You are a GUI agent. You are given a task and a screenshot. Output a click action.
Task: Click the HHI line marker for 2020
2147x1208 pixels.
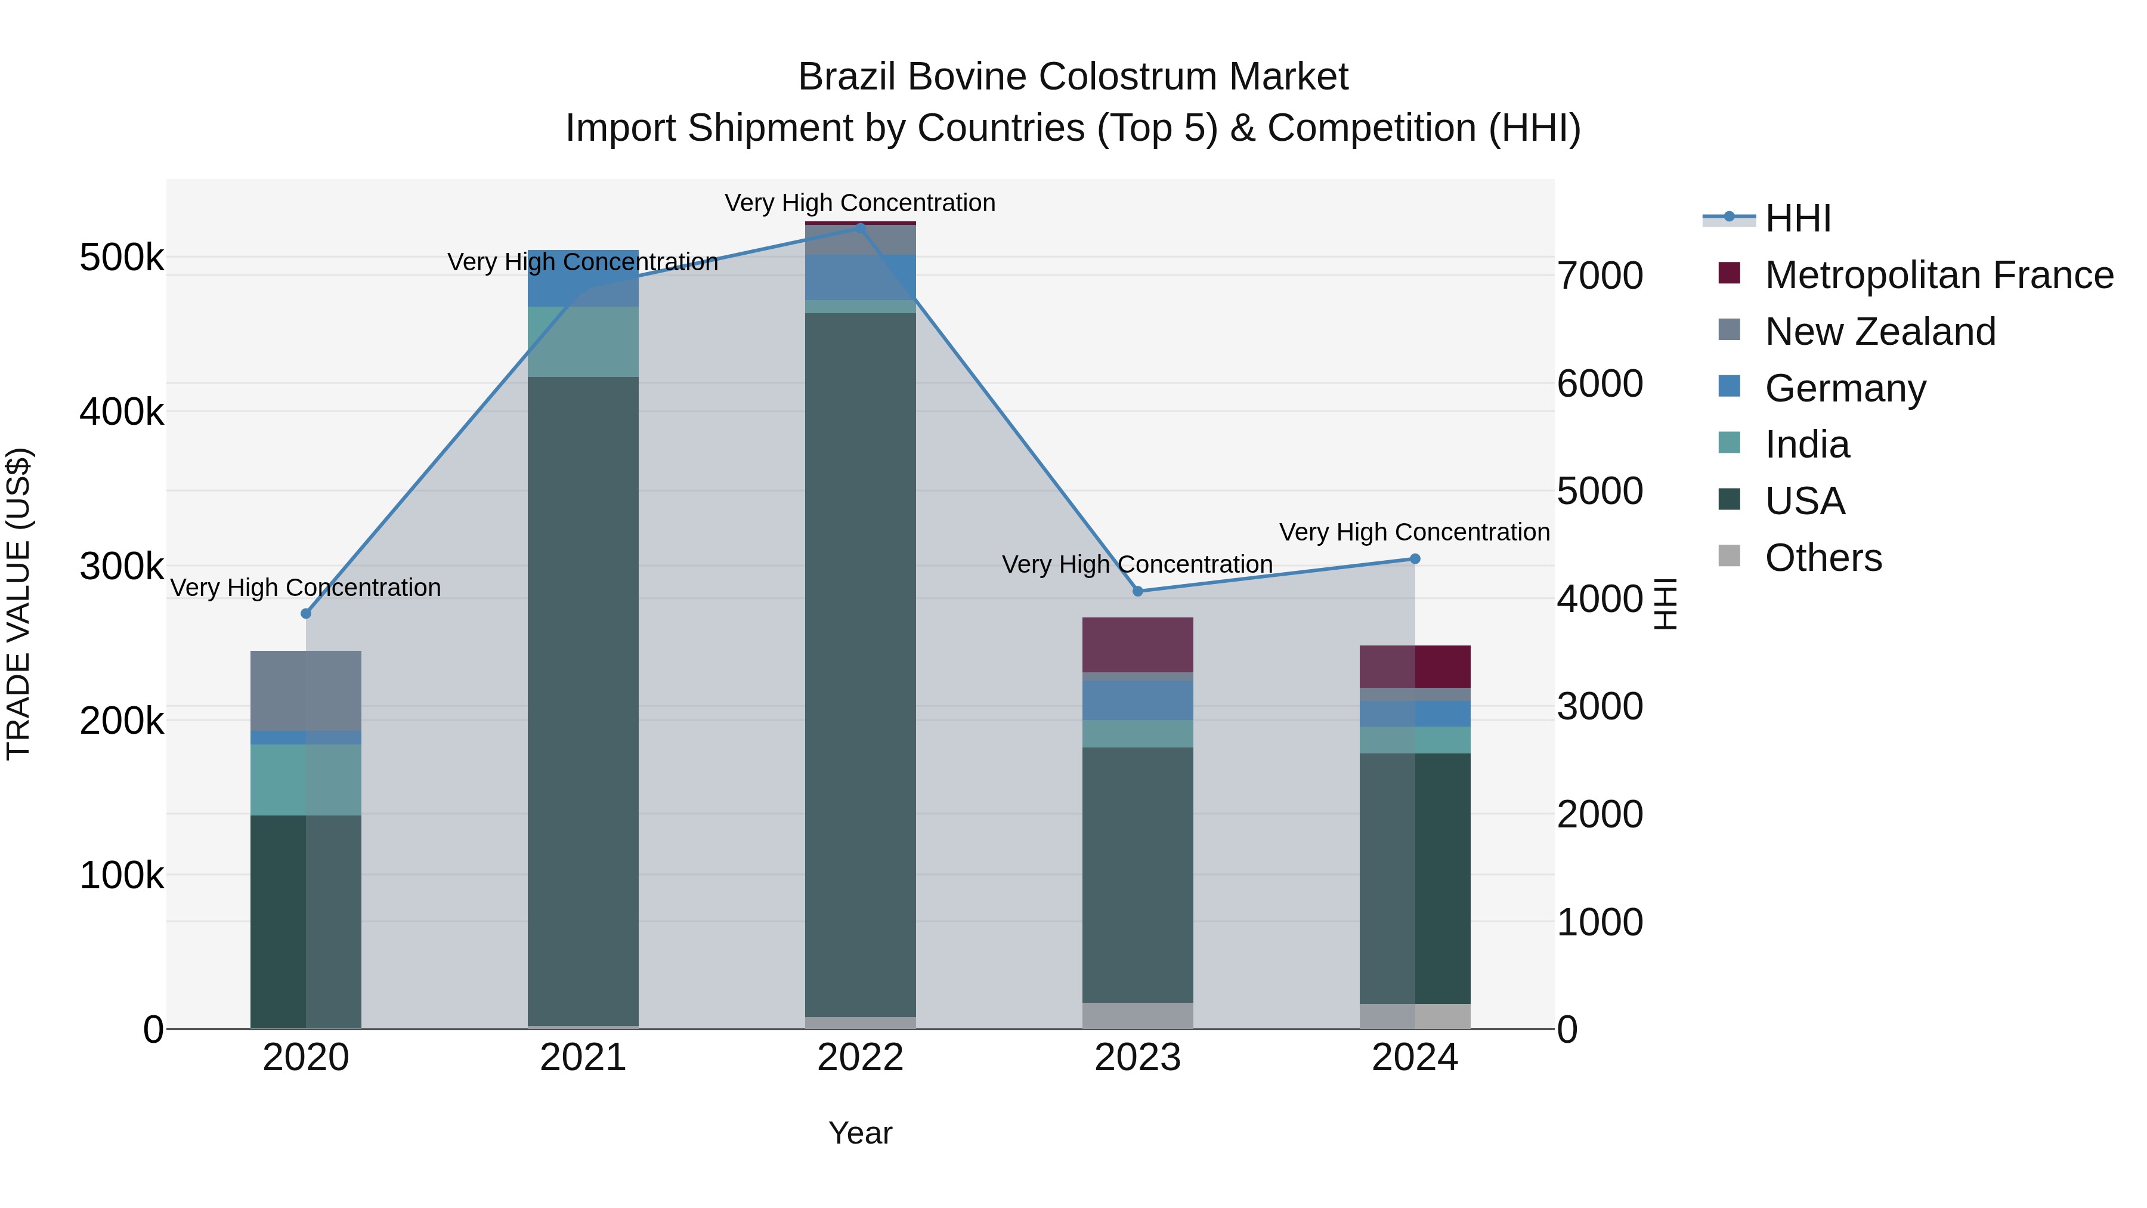coord(306,614)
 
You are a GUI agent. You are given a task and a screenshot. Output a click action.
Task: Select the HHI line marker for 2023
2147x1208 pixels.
coord(1138,591)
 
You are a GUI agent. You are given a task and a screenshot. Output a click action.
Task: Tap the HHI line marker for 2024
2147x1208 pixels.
coord(1415,558)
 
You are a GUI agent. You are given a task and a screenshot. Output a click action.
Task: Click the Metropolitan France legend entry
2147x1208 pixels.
coord(1939,275)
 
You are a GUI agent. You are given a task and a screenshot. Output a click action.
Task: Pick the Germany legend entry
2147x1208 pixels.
coord(1845,388)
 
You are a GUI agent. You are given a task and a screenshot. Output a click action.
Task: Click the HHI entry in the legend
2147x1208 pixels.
coord(1798,218)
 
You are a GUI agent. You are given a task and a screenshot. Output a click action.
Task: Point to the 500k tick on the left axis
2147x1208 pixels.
coord(122,258)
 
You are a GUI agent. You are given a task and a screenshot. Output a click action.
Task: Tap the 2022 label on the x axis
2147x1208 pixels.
coord(860,1058)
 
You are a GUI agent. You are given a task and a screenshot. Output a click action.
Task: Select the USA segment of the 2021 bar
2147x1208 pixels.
coord(583,700)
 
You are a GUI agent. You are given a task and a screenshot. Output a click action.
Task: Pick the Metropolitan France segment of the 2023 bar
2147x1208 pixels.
coord(1138,644)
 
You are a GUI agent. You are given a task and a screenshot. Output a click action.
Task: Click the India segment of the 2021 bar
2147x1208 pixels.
coord(583,341)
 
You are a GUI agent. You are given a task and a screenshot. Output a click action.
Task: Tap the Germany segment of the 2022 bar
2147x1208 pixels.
coord(860,277)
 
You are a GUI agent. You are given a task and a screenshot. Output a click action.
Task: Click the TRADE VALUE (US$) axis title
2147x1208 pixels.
coord(18,604)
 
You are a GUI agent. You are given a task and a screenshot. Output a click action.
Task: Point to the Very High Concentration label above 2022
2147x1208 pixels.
coord(860,203)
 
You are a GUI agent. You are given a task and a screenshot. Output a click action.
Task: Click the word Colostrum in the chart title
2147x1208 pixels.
coord(1126,77)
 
